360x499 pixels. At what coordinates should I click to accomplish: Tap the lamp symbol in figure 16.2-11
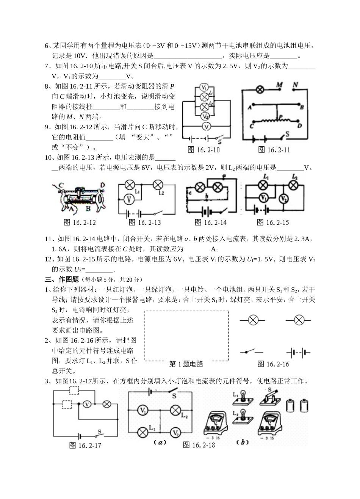[260, 89]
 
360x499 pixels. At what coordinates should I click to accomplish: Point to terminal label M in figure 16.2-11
[280, 85]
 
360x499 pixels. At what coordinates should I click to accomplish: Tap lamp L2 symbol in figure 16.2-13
[157, 185]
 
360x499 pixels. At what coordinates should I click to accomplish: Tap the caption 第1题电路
[186, 364]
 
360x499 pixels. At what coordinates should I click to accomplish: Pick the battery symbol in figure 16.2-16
[299, 353]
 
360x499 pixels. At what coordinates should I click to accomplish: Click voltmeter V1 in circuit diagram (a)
[142, 410]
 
